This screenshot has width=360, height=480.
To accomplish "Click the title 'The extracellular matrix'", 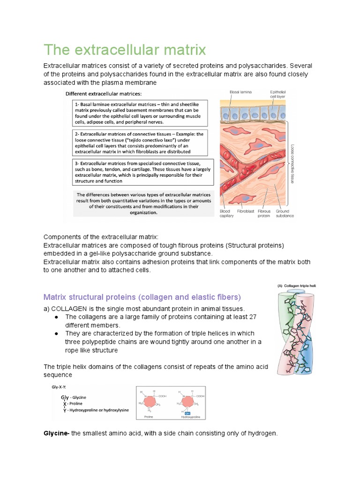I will pyautogui.click(x=124, y=49).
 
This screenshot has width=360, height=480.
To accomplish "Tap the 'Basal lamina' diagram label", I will pyautogui.click(x=241, y=92).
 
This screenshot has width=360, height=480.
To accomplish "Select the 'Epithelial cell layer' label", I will pyautogui.click(x=277, y=94).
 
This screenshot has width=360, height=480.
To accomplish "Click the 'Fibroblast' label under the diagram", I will pyautogui.click(x=245, y=211).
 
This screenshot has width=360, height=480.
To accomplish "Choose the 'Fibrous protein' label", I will pyautogui.click(x=264, y=213).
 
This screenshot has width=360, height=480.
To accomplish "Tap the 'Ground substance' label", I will pyautogui.click(x=285, y=213).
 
